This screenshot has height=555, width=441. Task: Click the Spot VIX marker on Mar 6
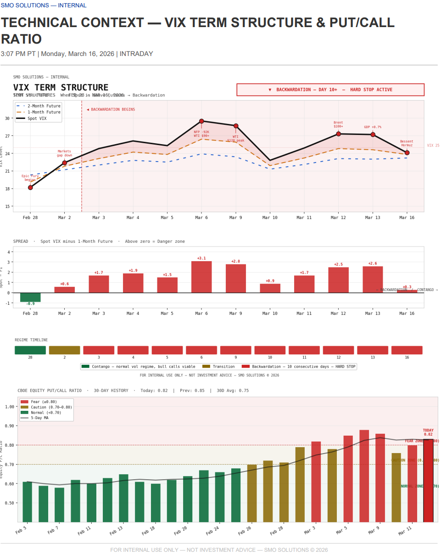(201, 121)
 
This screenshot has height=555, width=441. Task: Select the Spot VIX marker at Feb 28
(30, 187)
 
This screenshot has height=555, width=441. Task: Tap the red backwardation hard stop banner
(330, 90)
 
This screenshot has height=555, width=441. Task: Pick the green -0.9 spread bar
(30, 297)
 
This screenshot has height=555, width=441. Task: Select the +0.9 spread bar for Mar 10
(270, 288)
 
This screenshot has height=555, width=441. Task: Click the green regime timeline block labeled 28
(30, 350)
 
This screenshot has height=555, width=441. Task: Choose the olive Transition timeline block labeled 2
(64, 350)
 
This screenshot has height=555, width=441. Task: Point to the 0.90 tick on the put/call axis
(9, 426)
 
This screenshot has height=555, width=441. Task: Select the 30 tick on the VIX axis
(7, 118)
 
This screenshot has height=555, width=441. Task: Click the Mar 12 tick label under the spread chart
(338, 314)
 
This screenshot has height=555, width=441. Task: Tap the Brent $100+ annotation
(338, 124)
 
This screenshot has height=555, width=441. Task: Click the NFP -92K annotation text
(201, 132)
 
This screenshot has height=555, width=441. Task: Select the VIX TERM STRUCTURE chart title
(61, 87)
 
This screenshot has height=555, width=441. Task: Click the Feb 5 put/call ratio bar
(27, 501)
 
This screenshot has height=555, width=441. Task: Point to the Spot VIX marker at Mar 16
(407, 153)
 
